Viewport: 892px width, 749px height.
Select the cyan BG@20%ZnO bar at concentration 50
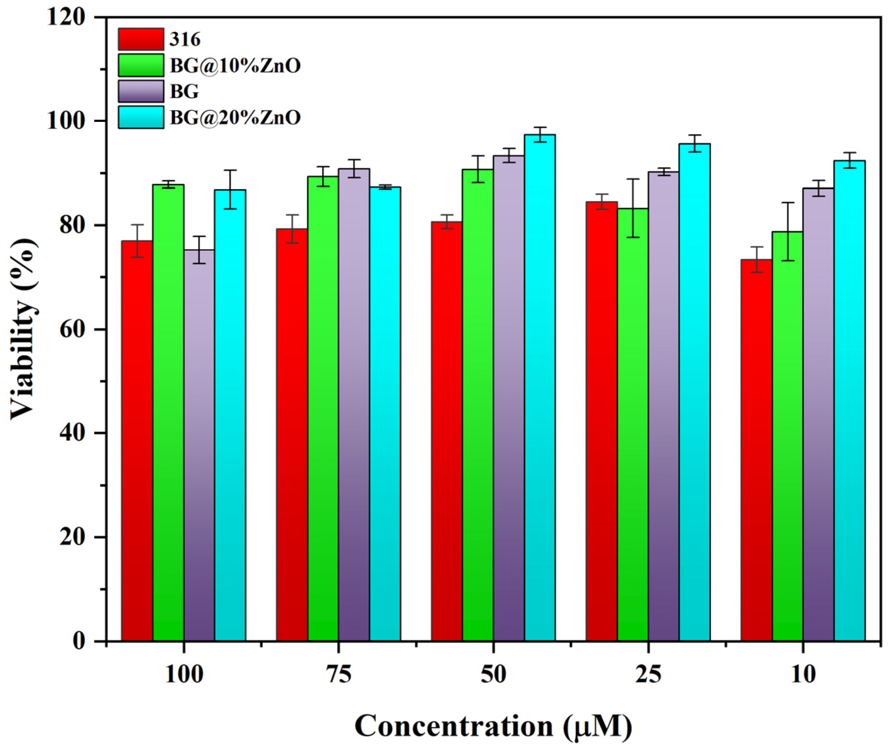click(x=539, y=386)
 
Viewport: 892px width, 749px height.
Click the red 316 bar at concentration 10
click(x=756, y=450)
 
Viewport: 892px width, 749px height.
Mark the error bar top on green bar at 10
click(x=787, y=203)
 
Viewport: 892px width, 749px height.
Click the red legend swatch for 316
click(x=140, y=39)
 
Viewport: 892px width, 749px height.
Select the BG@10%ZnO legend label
click(x=235, y=65)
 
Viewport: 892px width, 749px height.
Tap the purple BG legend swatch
click(x=140, y=91)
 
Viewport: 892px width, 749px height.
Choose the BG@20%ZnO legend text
click(x=235, y=117)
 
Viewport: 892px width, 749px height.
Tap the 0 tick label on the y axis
click(x=78, y=641)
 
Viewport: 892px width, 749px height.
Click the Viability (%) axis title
click(x=23, y=329)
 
